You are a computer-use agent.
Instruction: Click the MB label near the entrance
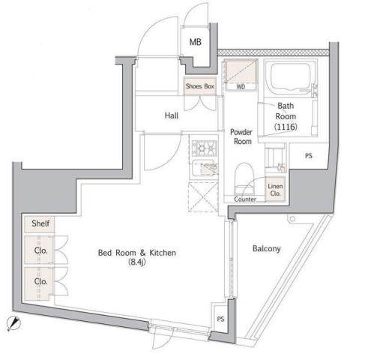click(195, 42)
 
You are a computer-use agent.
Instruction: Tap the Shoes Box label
click(200, 87)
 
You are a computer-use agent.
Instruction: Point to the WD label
click(241, 87)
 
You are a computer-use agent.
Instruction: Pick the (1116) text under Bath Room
click(286, 128)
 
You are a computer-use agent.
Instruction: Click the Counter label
click(245, 199)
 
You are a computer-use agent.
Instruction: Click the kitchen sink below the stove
click(204, 172)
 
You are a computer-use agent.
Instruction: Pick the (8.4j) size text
click(136, 263)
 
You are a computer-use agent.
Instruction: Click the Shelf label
click(39, 223)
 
